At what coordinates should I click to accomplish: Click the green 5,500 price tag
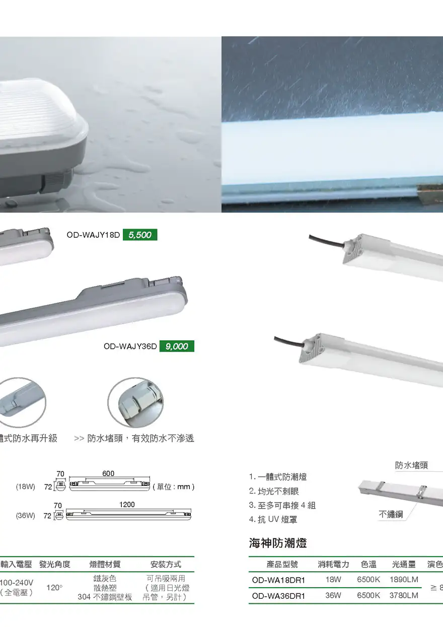point(140,235)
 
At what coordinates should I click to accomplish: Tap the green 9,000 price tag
point(177,346)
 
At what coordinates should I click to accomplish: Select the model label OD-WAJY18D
point(93,235)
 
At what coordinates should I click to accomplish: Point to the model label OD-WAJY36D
point(130,346)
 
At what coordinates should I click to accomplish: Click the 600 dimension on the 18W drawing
point(108,473)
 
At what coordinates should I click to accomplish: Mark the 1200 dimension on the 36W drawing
point(127,505)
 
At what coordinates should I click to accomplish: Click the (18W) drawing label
point(26,486)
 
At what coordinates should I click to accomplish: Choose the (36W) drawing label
point(26,515)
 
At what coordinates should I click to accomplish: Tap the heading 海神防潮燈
point(278,543)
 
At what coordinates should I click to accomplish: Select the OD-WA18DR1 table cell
point(278,580)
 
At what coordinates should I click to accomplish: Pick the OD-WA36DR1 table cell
point(278,596)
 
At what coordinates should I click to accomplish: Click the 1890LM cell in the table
point(404,580)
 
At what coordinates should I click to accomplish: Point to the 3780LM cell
point(404,595)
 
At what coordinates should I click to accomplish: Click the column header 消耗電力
point(333,564)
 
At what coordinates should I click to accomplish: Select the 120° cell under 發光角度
point(54,588)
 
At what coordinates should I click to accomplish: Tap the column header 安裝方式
point(166,564)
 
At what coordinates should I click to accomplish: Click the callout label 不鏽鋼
point(391,514)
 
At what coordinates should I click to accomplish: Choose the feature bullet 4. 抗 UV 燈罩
point(273,520)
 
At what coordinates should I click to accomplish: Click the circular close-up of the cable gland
point(135,402)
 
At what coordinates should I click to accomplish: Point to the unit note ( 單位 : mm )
point(174,487)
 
